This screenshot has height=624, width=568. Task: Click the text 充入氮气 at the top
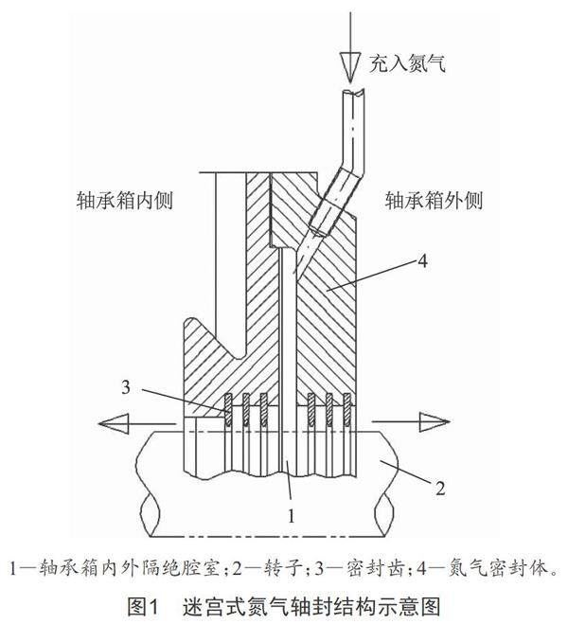pyautogui.click(x=407, y=64)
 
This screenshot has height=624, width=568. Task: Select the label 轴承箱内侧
pyautogui.click(x=128, y=201)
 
